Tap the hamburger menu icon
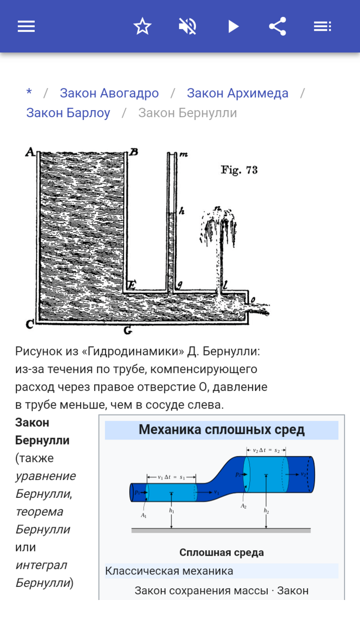[26, 26]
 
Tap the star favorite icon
[142, 26]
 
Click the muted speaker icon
[187, 26]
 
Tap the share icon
[278, 26]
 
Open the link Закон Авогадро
[109, 93]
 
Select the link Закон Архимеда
[237, 93]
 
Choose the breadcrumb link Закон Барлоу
[68, 113]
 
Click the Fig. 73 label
[239, 170]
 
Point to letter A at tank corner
[30, 152]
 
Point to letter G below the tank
[128, 330]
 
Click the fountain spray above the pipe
[219, 226]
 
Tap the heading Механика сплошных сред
[222, 430]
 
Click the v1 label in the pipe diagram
[216, 492]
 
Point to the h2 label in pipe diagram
[266, 511]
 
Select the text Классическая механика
[169, 571]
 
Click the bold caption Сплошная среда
[222, 552]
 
